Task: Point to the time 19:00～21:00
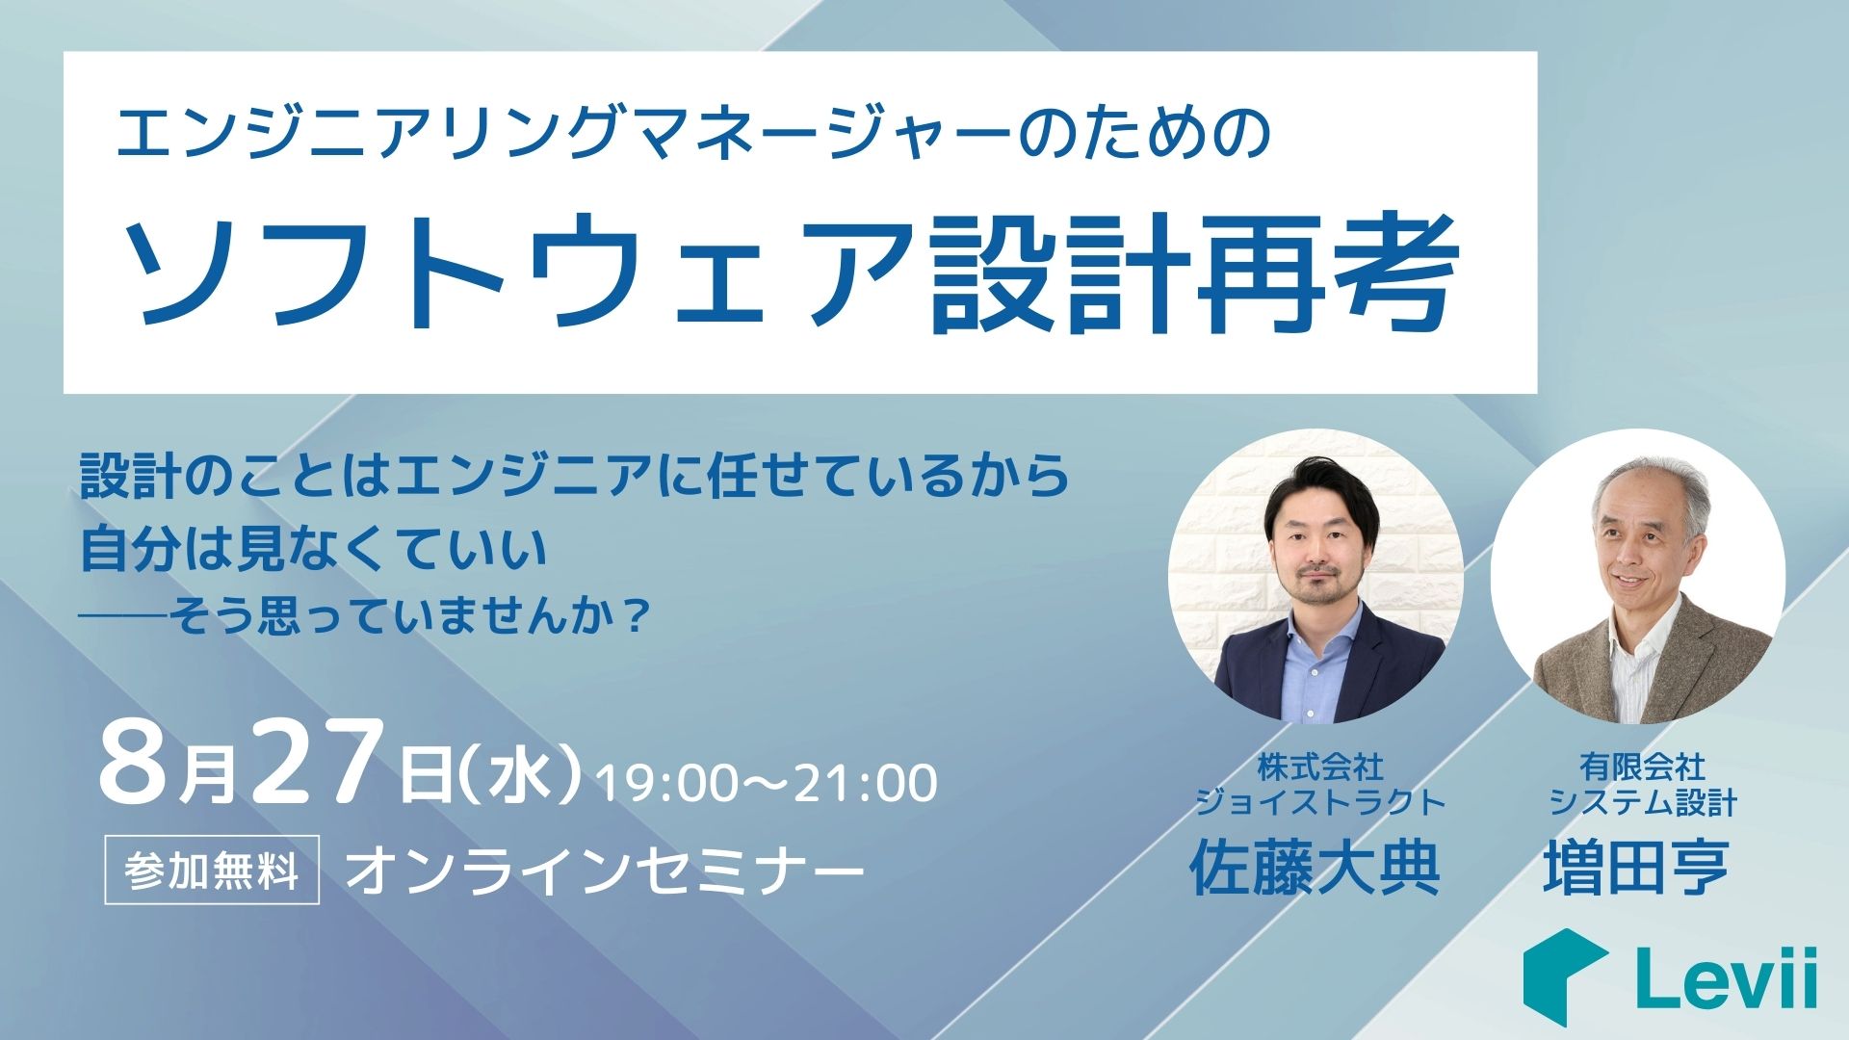coord(767,783)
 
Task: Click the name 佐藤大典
coord(1315,868)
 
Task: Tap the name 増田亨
coord(1637,868)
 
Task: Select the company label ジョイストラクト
coord(1320,801)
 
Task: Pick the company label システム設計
coord(1643,801)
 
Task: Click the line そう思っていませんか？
coord(404,615)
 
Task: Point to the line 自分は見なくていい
coord(314,548)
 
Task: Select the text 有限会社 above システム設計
coord(1643,767)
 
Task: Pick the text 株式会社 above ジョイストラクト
coord(1320,767)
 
